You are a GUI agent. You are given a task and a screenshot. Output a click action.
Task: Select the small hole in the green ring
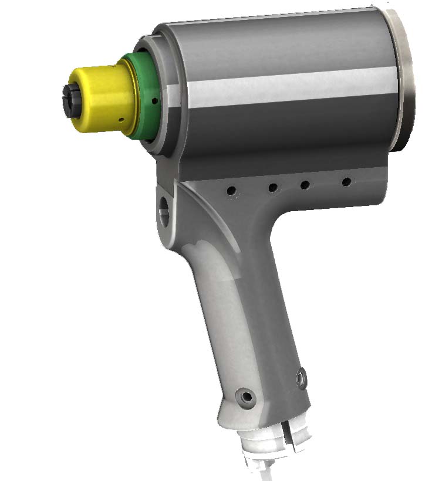[154, 101]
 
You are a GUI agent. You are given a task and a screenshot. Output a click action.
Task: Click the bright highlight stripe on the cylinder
[293, 88]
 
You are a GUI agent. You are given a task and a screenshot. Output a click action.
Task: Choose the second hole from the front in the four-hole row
[273, 188]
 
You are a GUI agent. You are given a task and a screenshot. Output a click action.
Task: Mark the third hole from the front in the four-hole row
[305, 185]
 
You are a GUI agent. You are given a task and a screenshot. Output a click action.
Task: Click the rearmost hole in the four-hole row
[346, 182]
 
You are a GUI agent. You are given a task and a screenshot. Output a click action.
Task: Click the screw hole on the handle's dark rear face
[302, 379]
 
